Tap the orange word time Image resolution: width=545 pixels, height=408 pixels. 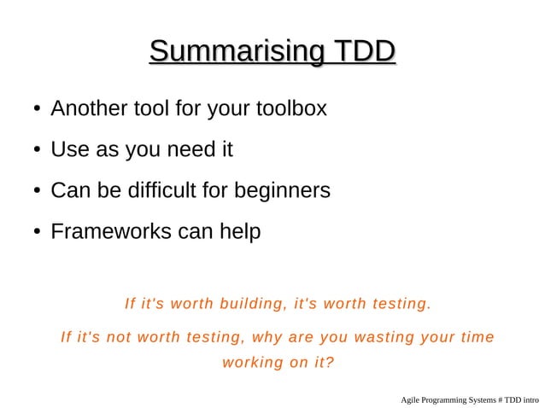click(x=476, y=336)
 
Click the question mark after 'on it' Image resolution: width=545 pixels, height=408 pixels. click(x=330, y=362)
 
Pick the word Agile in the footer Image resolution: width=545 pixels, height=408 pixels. click(x=411, y=399)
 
